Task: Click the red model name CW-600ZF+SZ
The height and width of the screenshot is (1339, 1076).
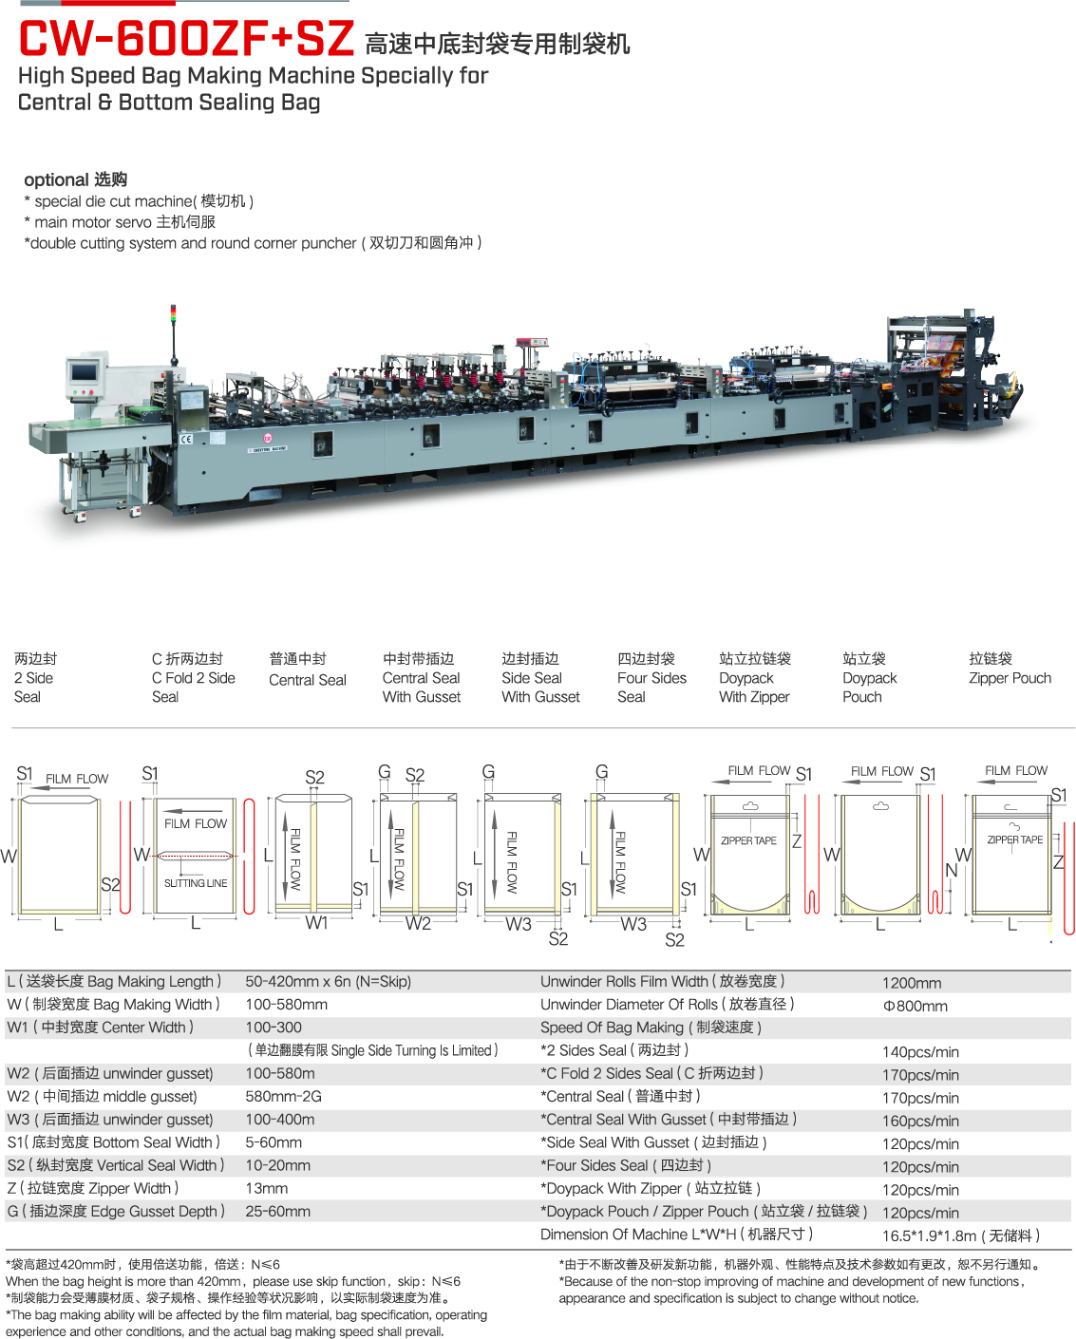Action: (187, 39)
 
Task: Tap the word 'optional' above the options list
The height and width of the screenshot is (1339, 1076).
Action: (57, 179)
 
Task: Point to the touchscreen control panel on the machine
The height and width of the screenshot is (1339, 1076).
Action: (84, 372)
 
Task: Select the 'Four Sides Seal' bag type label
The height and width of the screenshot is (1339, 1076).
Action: (651, 678)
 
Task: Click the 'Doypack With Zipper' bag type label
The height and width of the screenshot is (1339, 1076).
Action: (755, 678)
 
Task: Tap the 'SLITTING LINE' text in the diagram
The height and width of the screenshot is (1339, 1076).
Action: (196, 883)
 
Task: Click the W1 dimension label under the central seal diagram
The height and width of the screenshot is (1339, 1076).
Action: (316, 923)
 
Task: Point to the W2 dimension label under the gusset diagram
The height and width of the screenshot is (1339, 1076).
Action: (418, 923)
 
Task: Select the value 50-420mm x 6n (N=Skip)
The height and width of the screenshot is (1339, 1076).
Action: (328, 981)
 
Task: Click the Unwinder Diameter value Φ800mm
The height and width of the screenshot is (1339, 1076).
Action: (915, 1006)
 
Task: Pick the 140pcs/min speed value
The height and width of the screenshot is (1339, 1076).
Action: (920, 1052)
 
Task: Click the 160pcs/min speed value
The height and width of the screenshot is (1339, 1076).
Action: (920, 1122)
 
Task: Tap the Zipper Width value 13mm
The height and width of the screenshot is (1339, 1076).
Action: (266, 1188)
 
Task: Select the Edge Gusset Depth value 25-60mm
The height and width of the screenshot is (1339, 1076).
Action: (277, 1212)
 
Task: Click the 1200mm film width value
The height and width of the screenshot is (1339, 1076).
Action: (912, 983)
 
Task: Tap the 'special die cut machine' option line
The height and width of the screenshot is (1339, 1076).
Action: (139, 201)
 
